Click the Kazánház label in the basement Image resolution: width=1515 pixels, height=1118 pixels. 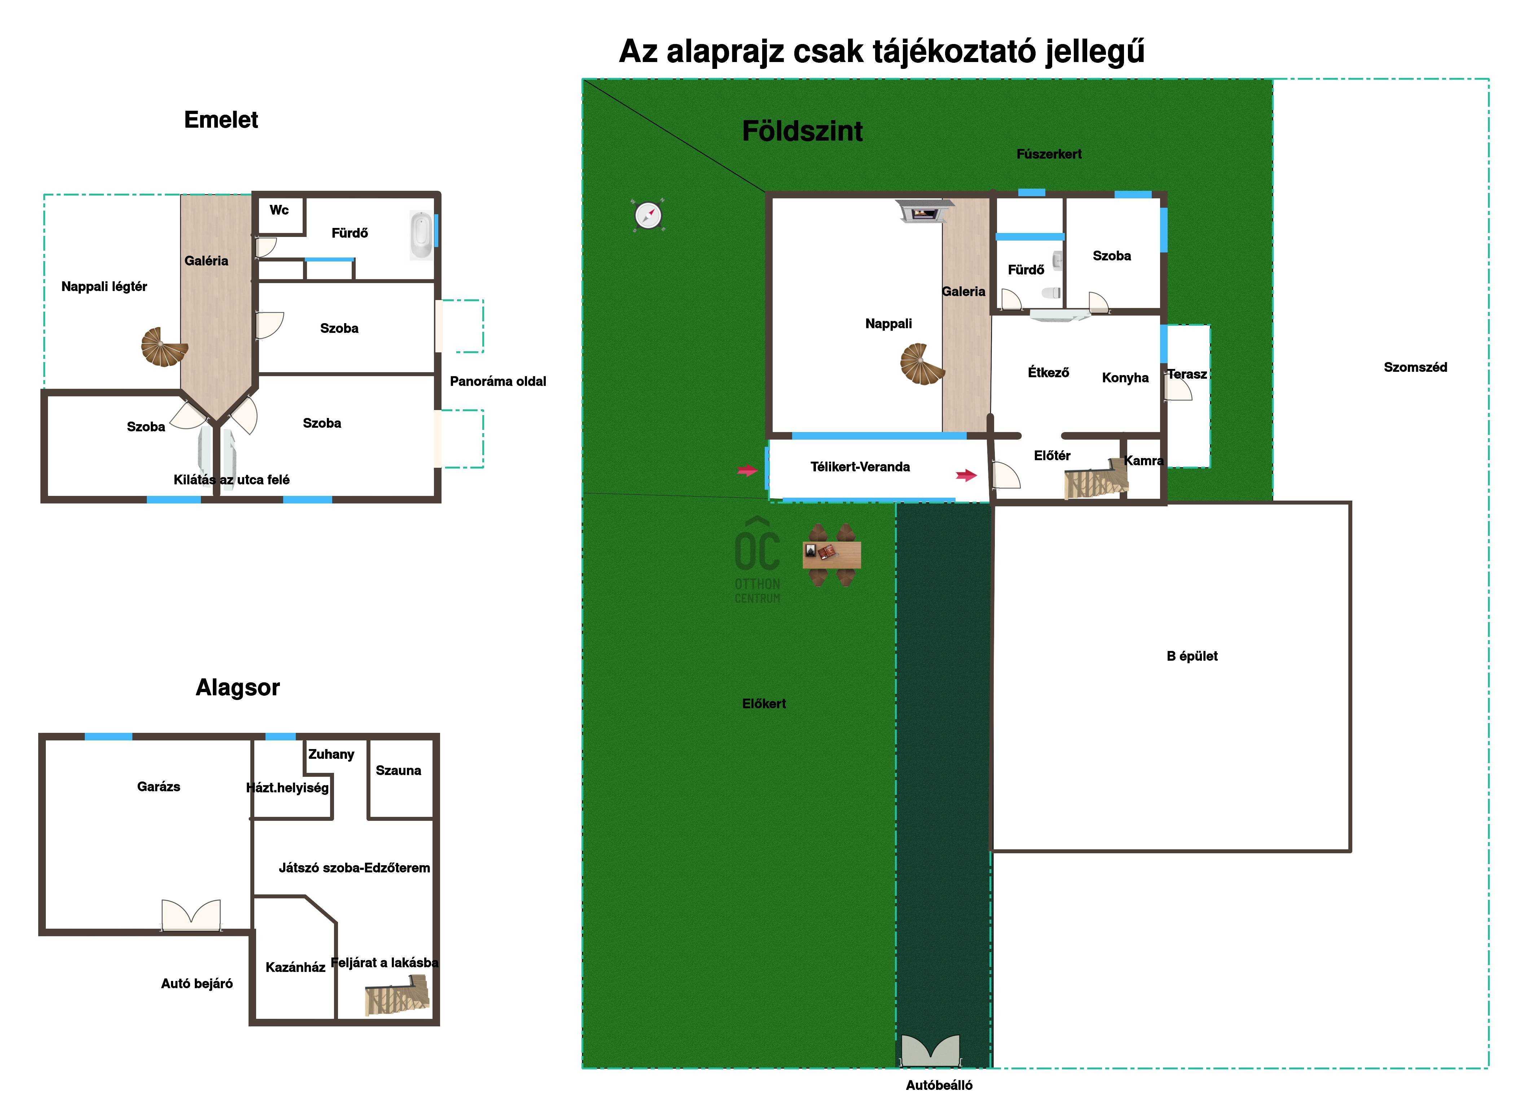tap(295, 967)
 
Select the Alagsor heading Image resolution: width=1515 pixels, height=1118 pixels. tap(238, 688)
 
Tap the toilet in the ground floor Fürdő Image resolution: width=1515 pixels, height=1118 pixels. tap(1051, 293)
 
